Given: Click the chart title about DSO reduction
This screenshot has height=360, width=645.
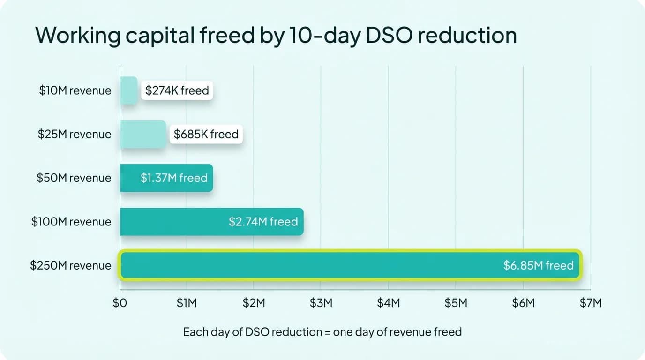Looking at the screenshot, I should point(276,36).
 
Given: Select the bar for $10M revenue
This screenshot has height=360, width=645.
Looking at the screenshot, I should point(128,90).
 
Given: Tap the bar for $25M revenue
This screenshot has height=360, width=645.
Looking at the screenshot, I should point(143,135).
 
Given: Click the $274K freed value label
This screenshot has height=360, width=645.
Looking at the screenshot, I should point(177,90).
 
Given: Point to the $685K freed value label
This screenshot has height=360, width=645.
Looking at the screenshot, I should point(206,135).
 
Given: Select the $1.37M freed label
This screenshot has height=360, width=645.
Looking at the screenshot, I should point(174,178).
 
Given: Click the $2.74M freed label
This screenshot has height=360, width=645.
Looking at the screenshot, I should point(263,222).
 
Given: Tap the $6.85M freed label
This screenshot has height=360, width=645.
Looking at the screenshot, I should point(538,265).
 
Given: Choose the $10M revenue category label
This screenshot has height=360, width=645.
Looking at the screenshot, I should point(75,90).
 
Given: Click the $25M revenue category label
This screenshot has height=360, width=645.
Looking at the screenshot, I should point(75,135).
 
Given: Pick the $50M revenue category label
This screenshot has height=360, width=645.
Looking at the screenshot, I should point(74,178).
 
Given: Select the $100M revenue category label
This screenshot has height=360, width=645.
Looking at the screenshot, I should point(71,222).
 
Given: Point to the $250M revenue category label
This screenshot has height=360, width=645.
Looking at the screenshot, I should point(71,265).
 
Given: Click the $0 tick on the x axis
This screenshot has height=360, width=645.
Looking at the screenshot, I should point(120,303).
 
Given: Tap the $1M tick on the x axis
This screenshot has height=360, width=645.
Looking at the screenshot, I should point(187,303).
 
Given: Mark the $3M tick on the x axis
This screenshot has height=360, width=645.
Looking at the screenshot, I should point(321,303).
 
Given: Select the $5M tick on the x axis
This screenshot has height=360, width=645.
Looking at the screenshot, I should point(456,303).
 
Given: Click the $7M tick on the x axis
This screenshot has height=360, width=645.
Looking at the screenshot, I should point(590,303).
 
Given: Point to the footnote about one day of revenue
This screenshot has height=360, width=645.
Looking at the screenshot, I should point(322,332).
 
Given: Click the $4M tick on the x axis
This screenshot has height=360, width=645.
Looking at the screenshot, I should point(388,303).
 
